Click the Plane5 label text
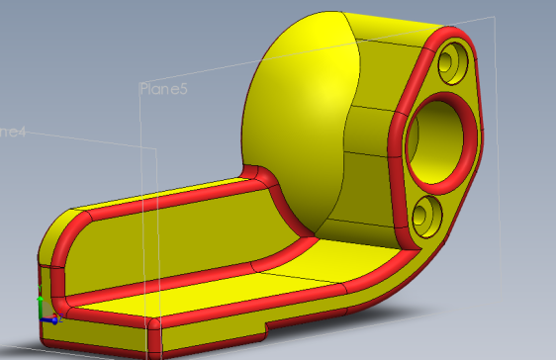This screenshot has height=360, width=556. [x=164, y=89]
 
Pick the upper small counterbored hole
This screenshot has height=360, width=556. [x=452, y=62]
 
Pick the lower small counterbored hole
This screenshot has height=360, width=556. [x=426, y=213]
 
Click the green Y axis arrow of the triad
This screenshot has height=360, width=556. [x=40, y=297]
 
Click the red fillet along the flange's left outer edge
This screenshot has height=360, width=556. [x=397, y=148]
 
